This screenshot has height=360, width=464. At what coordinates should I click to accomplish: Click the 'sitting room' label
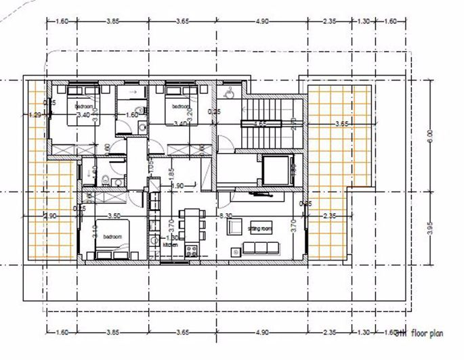point(259,226)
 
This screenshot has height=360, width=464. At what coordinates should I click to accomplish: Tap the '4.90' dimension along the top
point(262,22)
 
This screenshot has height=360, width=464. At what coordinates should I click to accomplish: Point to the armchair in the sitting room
point(234,227)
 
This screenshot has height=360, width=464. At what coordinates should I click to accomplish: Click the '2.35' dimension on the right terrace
point(330,216)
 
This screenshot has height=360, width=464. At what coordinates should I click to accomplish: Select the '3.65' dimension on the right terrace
point(342,124)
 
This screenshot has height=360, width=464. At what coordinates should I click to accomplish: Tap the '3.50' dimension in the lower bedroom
point(114,216)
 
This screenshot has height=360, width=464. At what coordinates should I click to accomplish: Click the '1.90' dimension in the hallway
point(177,185)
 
